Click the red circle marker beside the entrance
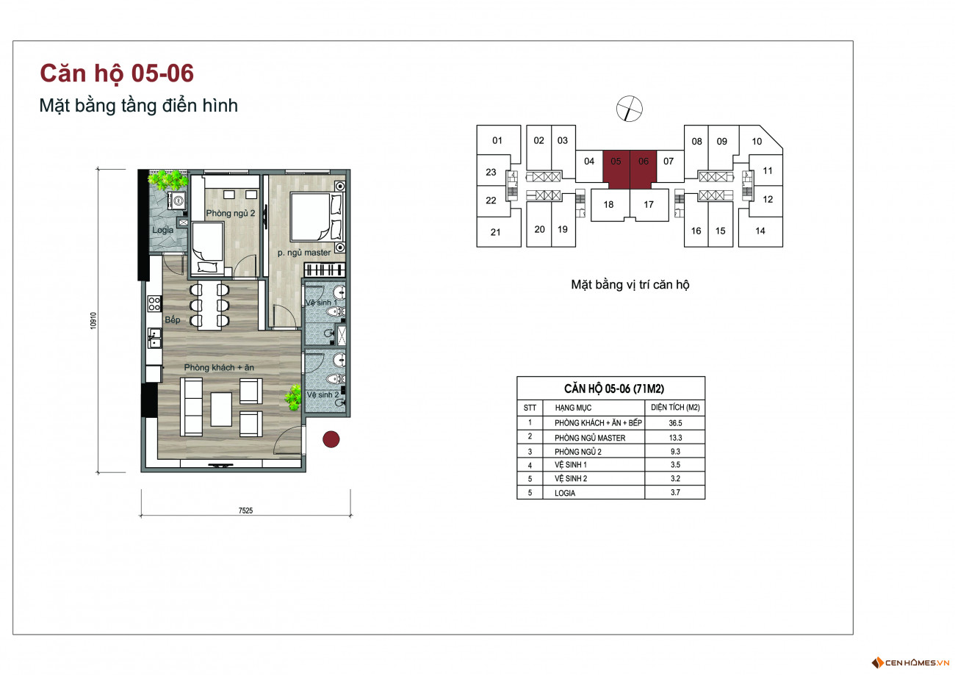pyautogui.click(x=331, y=439)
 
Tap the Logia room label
pyautogui.click(x=163, y=230)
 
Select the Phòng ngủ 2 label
pyautogui.click(x=231, y=213)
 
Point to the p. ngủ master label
pyautogui.click(x=304, y=253)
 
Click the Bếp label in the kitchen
pyautogui.click(x=173, y=320)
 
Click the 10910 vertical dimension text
pyautogui.click(x=93, y=320)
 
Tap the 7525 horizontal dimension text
pyautogui.click(x=245, y=510)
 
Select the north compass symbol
pyautogui.click(x=630, y=109)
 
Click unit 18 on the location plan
pyautogui.click(x=608, y=204)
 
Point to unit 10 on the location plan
pyautogui.click(x=757, y=142)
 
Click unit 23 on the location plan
pyautogui.click(x=491, y=172)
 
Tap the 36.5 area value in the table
pyautogui.click(x=675, y=423)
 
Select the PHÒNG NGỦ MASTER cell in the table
pyautogui.click(x=590, y=438)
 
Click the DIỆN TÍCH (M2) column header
pyautogui.click(x=675, y=408)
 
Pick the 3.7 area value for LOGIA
pyautogui.click(x=675, y=493)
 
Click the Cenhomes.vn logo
pyautogui.click(x=910, y=663)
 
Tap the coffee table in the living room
pyautogui.click(x=221, y=410)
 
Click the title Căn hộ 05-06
pyautogui.click(x=117, y=73)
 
